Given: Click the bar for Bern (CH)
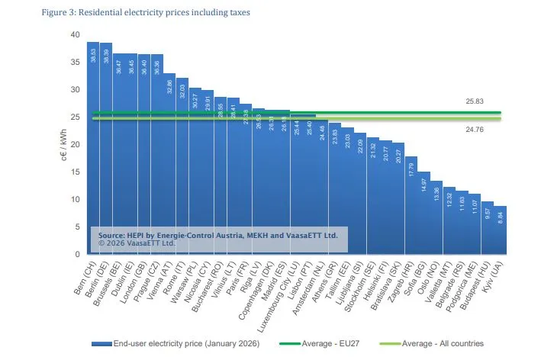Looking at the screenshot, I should [x=93, y=153].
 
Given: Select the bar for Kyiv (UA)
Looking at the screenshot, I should [x=501, y=233].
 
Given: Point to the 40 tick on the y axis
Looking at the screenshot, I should [x=75, y=34].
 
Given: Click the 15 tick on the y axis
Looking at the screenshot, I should [x=75, y=172].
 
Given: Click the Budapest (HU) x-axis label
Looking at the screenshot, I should [x=476, y=282].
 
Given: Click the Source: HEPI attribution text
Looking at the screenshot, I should [x=217, y=236].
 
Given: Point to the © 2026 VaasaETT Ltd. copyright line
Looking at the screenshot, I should [x=137, y=243].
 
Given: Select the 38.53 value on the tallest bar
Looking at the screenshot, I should [x=93, y=55].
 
